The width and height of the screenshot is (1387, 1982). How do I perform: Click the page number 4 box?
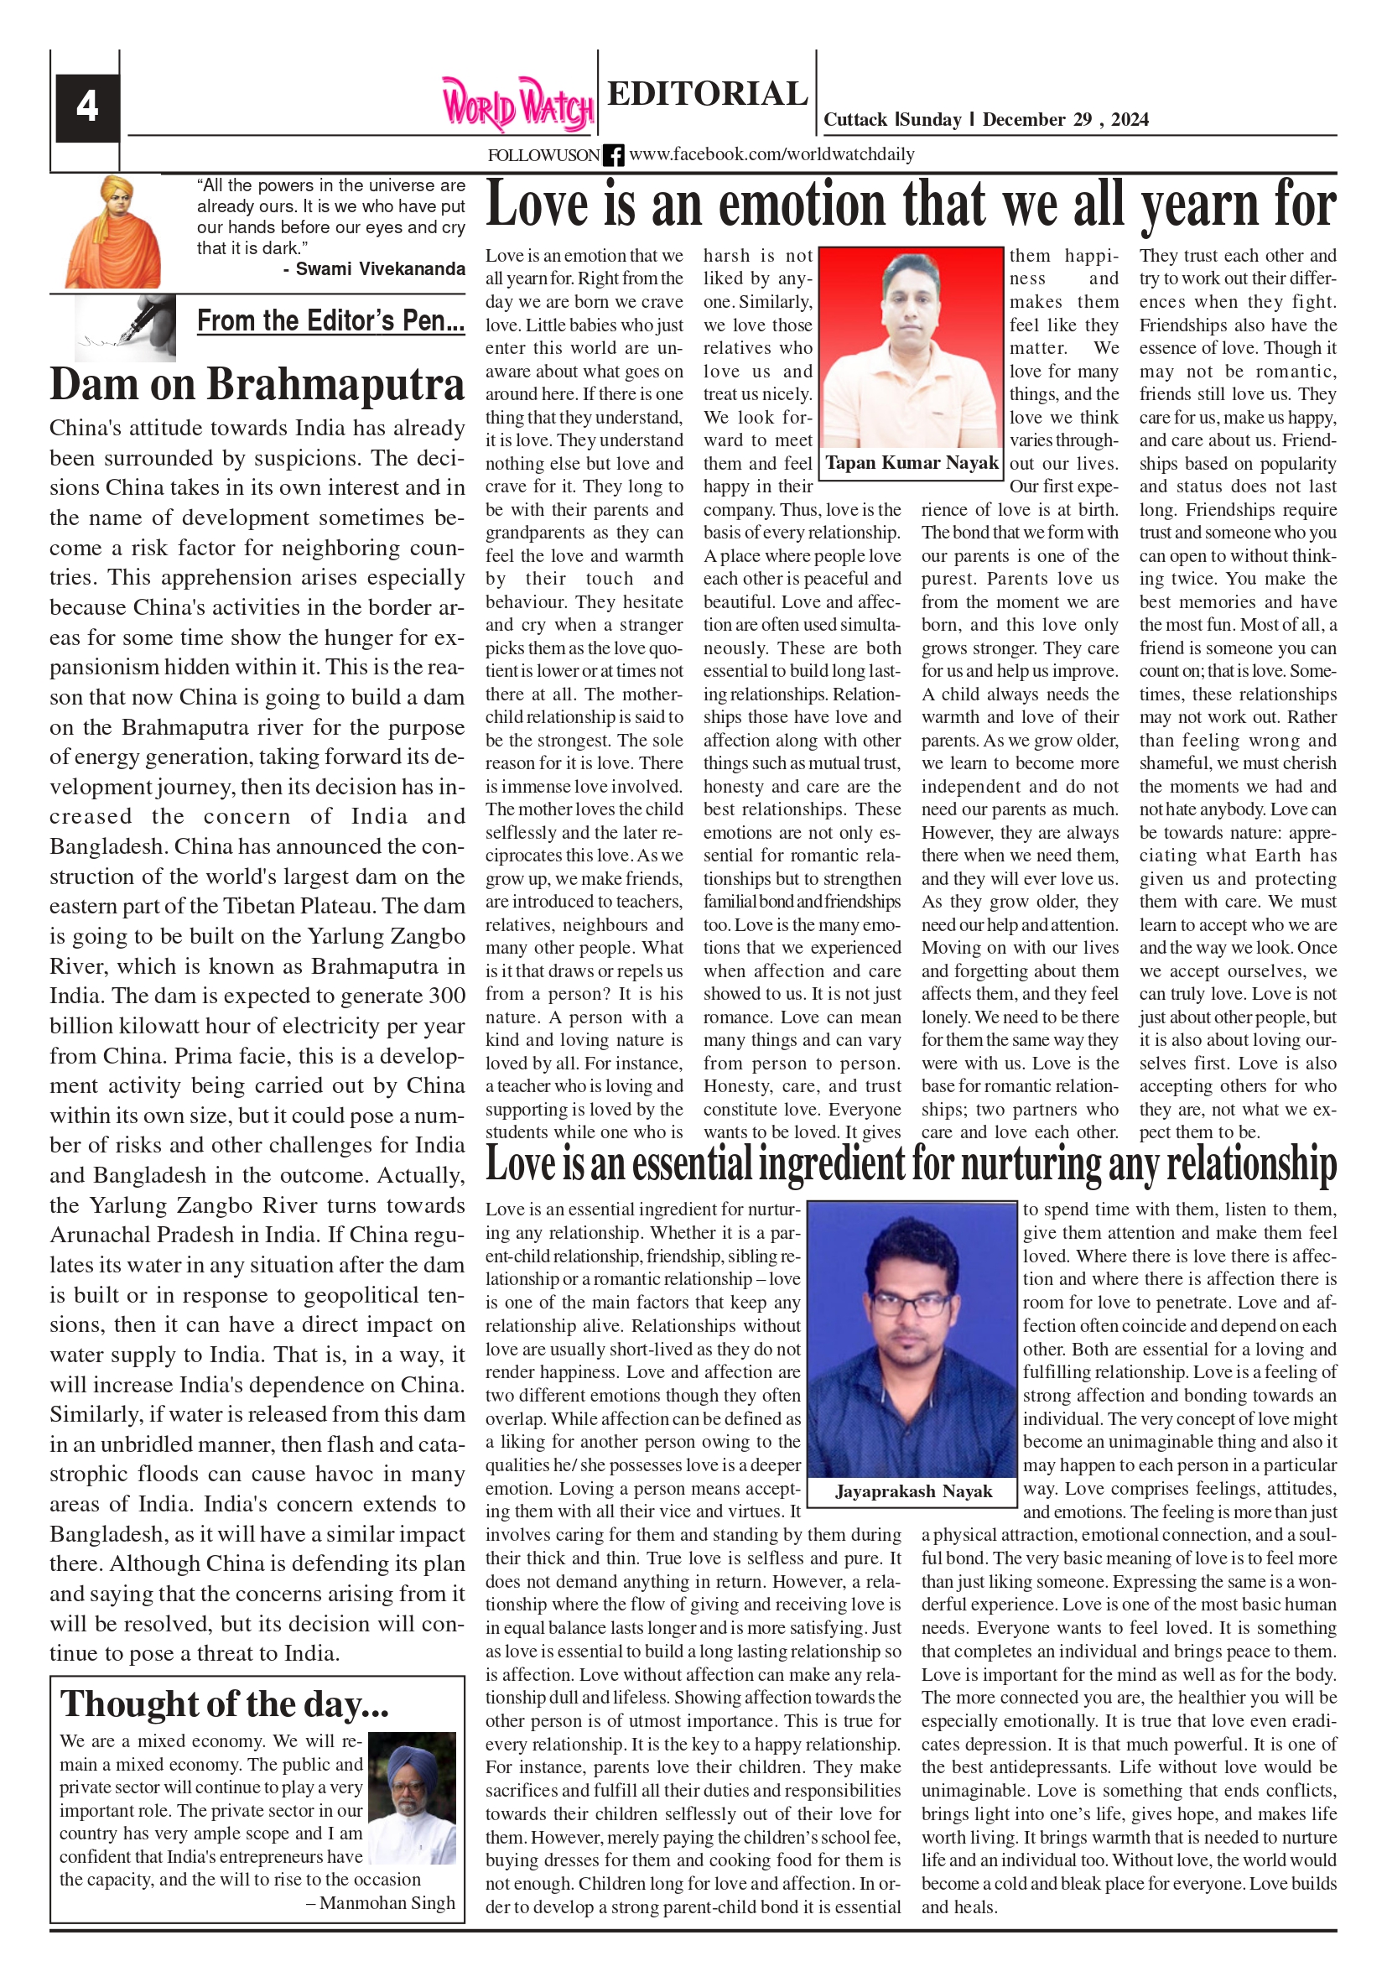pyautogui.click(x=86, y=107)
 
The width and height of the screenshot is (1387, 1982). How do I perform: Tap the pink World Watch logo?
pyautogui.click(x=517, y=105)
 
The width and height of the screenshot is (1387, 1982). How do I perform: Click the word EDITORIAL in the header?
pyautogui.click(x=707, y=93)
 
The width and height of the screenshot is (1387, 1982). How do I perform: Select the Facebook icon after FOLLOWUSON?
pyautogui.click(x=613, y=155)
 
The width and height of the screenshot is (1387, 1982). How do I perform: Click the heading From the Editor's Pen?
pyautogui.click(x=330, y=320)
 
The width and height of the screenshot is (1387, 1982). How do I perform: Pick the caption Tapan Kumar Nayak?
pyautogui.click(x=912, y=463)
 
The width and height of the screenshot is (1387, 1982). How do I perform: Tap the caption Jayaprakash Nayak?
pyautogui.click(x=913, y=1491)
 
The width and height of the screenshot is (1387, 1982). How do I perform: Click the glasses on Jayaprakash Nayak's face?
pyautogui.click(x=912, y=1306)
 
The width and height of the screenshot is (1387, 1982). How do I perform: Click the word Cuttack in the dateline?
pyautogui.click(x=855, y=120)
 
